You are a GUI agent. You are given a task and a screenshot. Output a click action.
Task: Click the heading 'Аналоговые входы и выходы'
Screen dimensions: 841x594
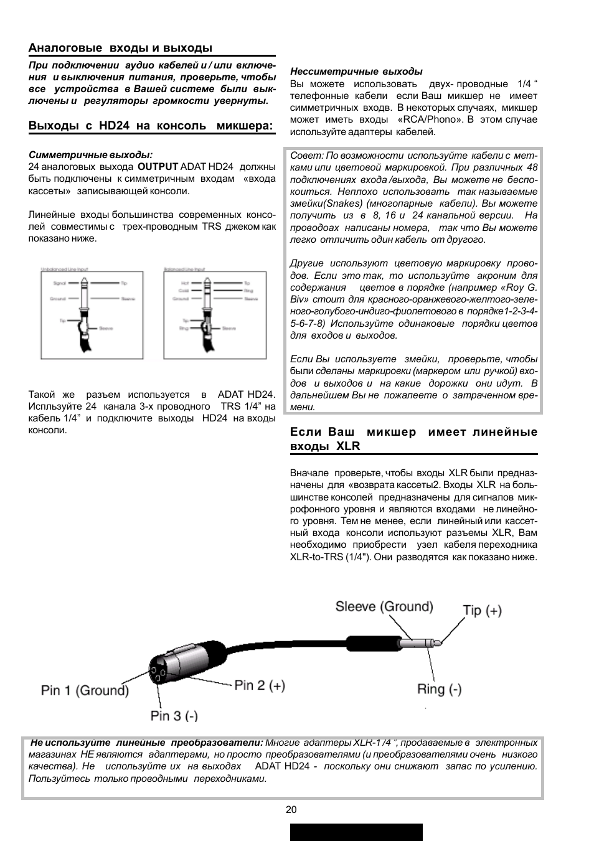tap(120, 48)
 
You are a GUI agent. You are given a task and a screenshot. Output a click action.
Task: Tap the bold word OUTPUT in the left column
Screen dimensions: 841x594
tap(158, 167)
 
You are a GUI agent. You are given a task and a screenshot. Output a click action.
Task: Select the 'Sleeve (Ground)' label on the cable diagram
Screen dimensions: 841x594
tap(384, 606)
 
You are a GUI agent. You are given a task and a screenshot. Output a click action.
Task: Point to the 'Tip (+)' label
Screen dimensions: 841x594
tap(482, 610)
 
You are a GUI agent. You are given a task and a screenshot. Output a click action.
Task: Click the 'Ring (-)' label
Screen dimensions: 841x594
tap(439, 688)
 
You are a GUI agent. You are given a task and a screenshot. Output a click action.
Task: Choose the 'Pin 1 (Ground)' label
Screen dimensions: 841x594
tap(85, 690)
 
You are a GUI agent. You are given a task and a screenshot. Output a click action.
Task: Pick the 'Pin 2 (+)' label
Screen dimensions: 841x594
tap(260, 685)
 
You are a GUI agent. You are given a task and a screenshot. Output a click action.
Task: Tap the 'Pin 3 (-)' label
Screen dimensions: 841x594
tap(174, 715)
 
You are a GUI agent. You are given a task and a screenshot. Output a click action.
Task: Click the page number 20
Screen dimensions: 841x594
tap(291, 809)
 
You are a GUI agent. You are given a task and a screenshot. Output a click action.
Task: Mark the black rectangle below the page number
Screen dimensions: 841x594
tap(356, 832)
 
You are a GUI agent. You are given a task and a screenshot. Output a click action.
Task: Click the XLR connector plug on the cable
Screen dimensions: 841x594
tap(181, 664)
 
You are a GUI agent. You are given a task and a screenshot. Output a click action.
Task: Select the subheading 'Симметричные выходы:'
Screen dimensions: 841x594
tap(90, 154)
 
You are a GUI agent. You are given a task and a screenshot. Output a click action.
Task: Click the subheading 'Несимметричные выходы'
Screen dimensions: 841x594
tap(356, 72)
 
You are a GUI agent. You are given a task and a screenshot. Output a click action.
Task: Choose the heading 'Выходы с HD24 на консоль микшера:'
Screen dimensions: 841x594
tap(151, 125)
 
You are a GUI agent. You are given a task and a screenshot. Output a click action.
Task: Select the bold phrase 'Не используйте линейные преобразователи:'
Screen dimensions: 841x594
tap(147, 743)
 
